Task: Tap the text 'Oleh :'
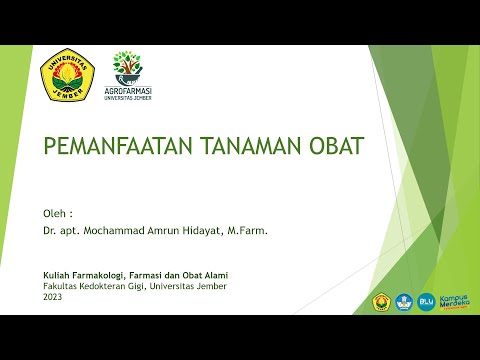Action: (57, 213)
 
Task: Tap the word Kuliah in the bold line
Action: (57, 275)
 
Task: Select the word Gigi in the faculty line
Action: (145, 286)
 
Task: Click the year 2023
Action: (52, 297)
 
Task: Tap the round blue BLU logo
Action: (426, 300)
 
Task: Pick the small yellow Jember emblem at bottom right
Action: (380, 301)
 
